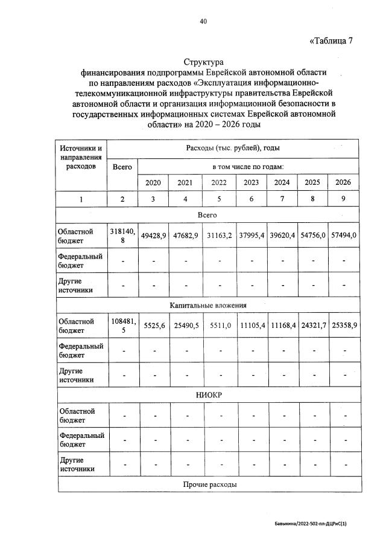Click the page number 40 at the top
(x=203, y=22)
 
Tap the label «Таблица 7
(x=331, y=41)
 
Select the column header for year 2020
(x=153, y=182)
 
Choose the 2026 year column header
(x=343, y=182)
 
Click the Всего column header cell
(x=122, y=166)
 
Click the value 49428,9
(x=153, y=236)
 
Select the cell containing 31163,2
(x=220, y=236)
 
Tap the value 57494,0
(x=343, y=236)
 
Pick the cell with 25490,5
(x=186, y=326)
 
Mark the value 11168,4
(x=282, y=326)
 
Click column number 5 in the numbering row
(x=220, y=199)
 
